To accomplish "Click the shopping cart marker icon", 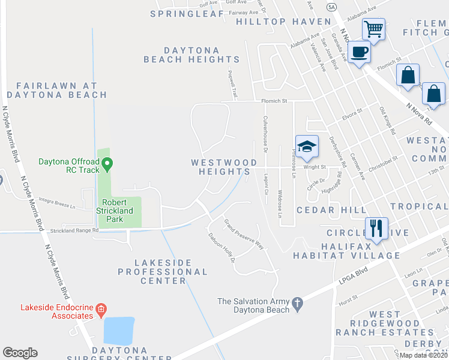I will coord(373,28).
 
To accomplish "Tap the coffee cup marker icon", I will coord(359,52).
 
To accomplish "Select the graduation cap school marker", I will coord(306,146).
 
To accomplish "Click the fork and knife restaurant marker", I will coord(376,229).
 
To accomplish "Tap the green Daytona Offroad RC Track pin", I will coord(107,163).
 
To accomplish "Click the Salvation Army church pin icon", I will coord(298,305).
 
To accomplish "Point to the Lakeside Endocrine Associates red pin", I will coord(101,310).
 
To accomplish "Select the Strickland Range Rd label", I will coord(74,230).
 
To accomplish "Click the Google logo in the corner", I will coord(20,352).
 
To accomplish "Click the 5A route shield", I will coord(332,7).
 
